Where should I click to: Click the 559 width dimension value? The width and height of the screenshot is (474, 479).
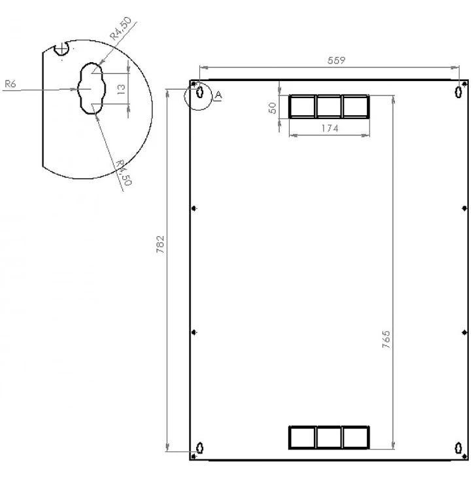click(336, 60)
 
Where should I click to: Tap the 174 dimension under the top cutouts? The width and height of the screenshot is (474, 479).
click(329, 129)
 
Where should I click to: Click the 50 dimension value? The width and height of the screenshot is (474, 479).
click(273, 108)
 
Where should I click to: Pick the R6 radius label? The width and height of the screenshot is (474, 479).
click(9, 84)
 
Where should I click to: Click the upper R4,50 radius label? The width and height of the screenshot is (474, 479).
click(122, 30)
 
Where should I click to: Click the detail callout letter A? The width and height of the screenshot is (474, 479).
click(218, 96)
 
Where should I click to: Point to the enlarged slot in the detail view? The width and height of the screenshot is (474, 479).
click(91, 88)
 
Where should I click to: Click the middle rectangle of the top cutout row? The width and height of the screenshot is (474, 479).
click(329, 106)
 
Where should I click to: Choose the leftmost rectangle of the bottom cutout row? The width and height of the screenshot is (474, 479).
click(302, 437)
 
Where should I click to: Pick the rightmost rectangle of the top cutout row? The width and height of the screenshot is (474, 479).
click(356, 106)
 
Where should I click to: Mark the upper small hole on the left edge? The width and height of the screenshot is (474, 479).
click(194, 208)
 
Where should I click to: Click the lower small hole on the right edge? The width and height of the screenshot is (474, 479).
click(464, 332)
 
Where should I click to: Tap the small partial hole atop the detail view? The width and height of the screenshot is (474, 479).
click(63, 47)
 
